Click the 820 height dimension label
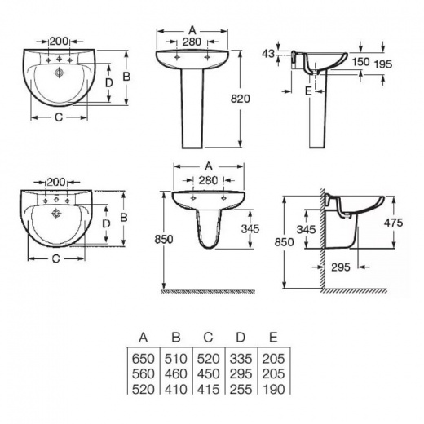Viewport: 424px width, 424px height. (241, 99)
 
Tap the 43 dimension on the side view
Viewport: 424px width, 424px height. (268, 54)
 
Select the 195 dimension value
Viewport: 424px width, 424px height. (383, 64)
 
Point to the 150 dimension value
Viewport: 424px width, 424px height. (360, 62)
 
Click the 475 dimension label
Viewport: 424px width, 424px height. (393, 223)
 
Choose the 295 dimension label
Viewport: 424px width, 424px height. (341, 267)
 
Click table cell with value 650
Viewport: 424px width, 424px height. (143, 359)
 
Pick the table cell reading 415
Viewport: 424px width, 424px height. (208, 390)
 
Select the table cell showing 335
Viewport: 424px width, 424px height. (241, 359)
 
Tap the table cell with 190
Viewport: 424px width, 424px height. (274, 390)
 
